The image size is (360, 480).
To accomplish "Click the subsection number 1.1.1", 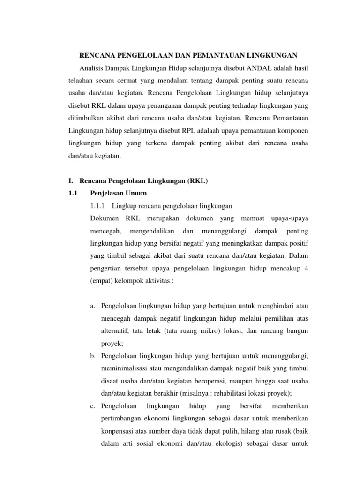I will tap(98, 206).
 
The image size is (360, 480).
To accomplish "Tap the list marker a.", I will tap(92, 306).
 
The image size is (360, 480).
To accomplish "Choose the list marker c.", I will tap(92, 404).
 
